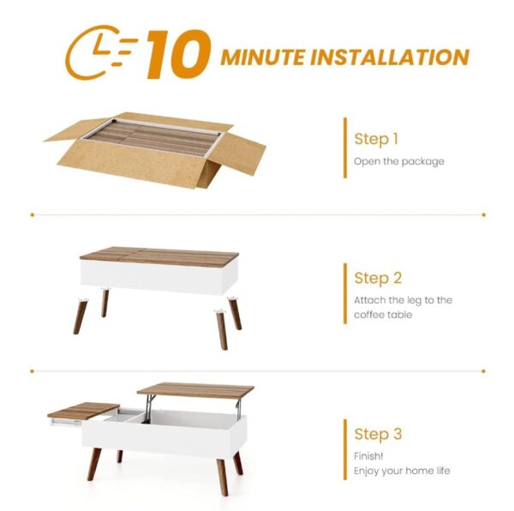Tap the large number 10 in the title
178,55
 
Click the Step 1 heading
376,139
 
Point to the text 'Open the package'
398,161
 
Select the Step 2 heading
378,278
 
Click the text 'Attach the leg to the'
403,300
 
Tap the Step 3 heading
378,434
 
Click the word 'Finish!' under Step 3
369,455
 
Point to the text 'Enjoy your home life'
401,471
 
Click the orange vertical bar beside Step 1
344,147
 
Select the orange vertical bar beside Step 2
344,293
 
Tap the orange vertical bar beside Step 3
344,449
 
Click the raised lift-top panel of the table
195,390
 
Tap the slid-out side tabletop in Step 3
83,411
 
